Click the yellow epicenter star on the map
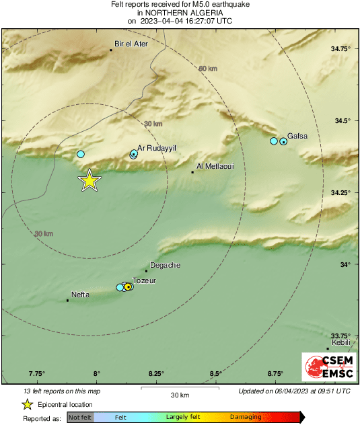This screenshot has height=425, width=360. click(89, 180)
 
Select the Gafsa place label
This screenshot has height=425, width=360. click(297, 136)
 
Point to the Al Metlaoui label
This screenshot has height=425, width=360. click(215, 165)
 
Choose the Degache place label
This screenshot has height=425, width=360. click(165, 265)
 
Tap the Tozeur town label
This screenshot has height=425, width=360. click(144, 280)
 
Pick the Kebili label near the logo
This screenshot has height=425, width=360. click(341, 342)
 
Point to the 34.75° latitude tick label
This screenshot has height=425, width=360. click(342, 48)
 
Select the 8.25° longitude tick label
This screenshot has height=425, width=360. click(156, 373)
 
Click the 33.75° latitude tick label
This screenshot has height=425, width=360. click(342, 336)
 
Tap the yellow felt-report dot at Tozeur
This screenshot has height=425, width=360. click(128, 287)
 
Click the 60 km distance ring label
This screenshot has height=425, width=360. click(207, 69)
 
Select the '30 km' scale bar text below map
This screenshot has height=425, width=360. click(180, 394)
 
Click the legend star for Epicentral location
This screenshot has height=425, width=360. click(27, 404)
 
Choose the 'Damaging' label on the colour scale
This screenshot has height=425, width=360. click(246, 418)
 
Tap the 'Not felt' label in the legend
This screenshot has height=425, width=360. click(80, 418)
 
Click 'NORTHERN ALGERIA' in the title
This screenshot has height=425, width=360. click(180, 12)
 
